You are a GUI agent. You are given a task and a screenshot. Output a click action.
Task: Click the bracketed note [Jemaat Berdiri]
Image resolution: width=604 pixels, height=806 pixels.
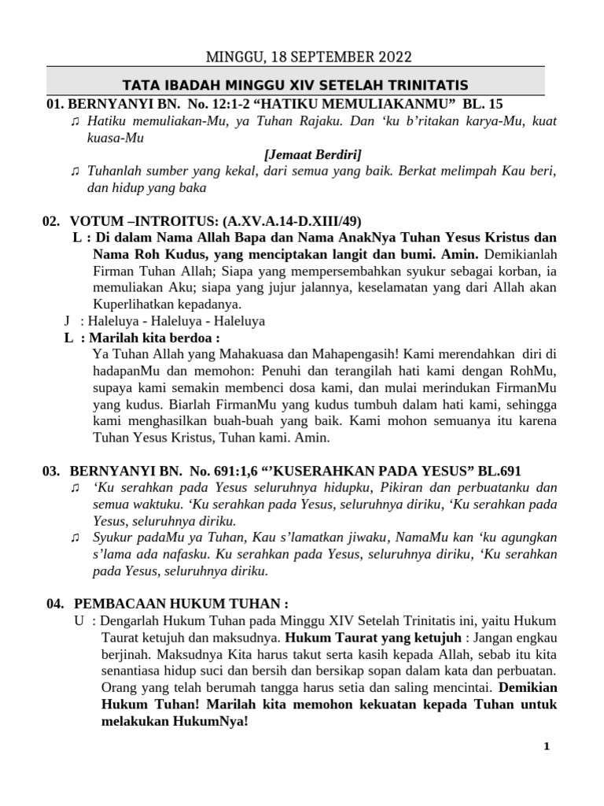tap(313, 154)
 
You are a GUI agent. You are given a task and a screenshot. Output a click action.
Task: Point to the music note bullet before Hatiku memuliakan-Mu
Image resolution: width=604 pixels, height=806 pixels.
tap(75, 120)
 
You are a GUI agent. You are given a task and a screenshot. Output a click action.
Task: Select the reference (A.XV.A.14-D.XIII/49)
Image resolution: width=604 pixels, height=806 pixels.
tap(294, 221)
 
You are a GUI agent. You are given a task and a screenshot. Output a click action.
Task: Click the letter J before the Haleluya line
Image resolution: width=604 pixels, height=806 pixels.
tap(67, 321)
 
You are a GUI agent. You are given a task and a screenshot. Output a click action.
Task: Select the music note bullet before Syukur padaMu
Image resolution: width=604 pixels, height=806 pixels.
tap(75, 537)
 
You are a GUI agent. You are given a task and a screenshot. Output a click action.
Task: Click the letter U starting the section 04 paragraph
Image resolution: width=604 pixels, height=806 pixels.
tap(79, 620)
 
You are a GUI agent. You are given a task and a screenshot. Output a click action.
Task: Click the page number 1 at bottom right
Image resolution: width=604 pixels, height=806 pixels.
tap(546, 747)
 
